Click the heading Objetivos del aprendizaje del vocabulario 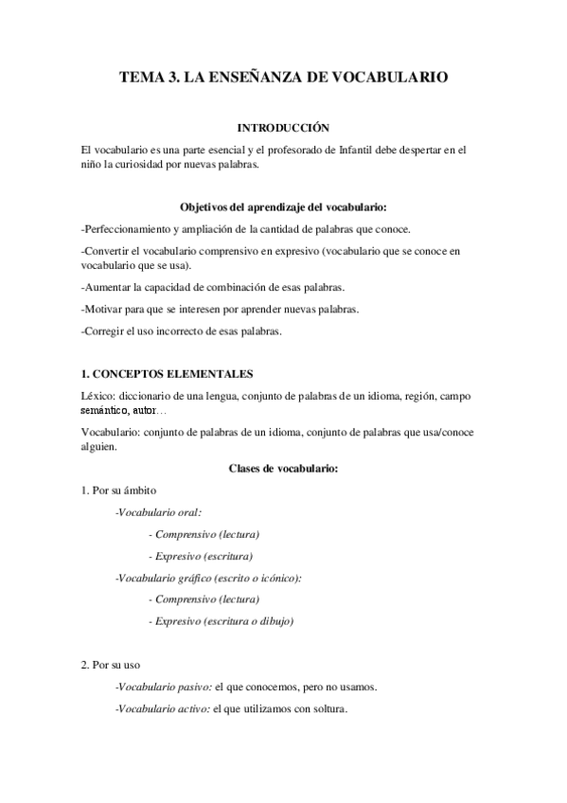coord(283,206)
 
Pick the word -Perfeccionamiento coord(131,229)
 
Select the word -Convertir coord(108,251)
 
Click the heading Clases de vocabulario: coord(283,468)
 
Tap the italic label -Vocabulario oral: coord(151,512)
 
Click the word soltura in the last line coord(328,708)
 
